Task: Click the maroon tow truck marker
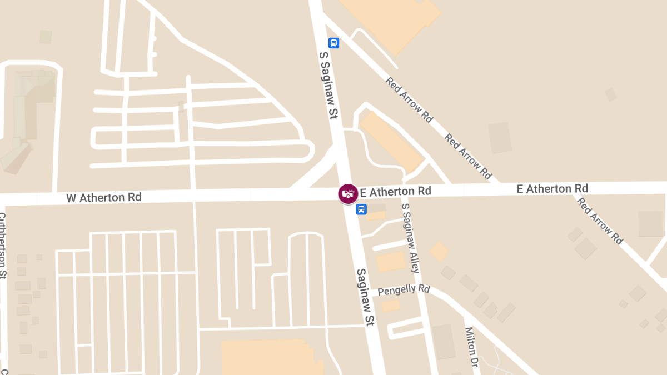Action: coord(349,194)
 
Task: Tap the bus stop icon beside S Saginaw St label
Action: coord(333,43)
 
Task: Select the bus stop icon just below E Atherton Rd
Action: coord(361,209)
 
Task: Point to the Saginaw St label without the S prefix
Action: coord(365,297)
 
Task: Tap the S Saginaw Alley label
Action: coord(410,238)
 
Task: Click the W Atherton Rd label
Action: coord(104,197)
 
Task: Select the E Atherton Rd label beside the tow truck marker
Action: coord(396,192)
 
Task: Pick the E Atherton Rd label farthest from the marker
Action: coord(552,189)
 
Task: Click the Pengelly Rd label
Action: coord(404,290)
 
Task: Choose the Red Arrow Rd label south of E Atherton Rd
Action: coord(600,221)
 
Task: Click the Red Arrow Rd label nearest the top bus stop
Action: coord(409,100)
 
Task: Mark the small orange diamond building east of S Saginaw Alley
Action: coord(439,251)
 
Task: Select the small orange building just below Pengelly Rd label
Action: coord(391,306)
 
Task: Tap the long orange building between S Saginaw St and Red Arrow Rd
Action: coord(392,142)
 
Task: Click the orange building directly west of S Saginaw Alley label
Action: coord(391,262)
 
